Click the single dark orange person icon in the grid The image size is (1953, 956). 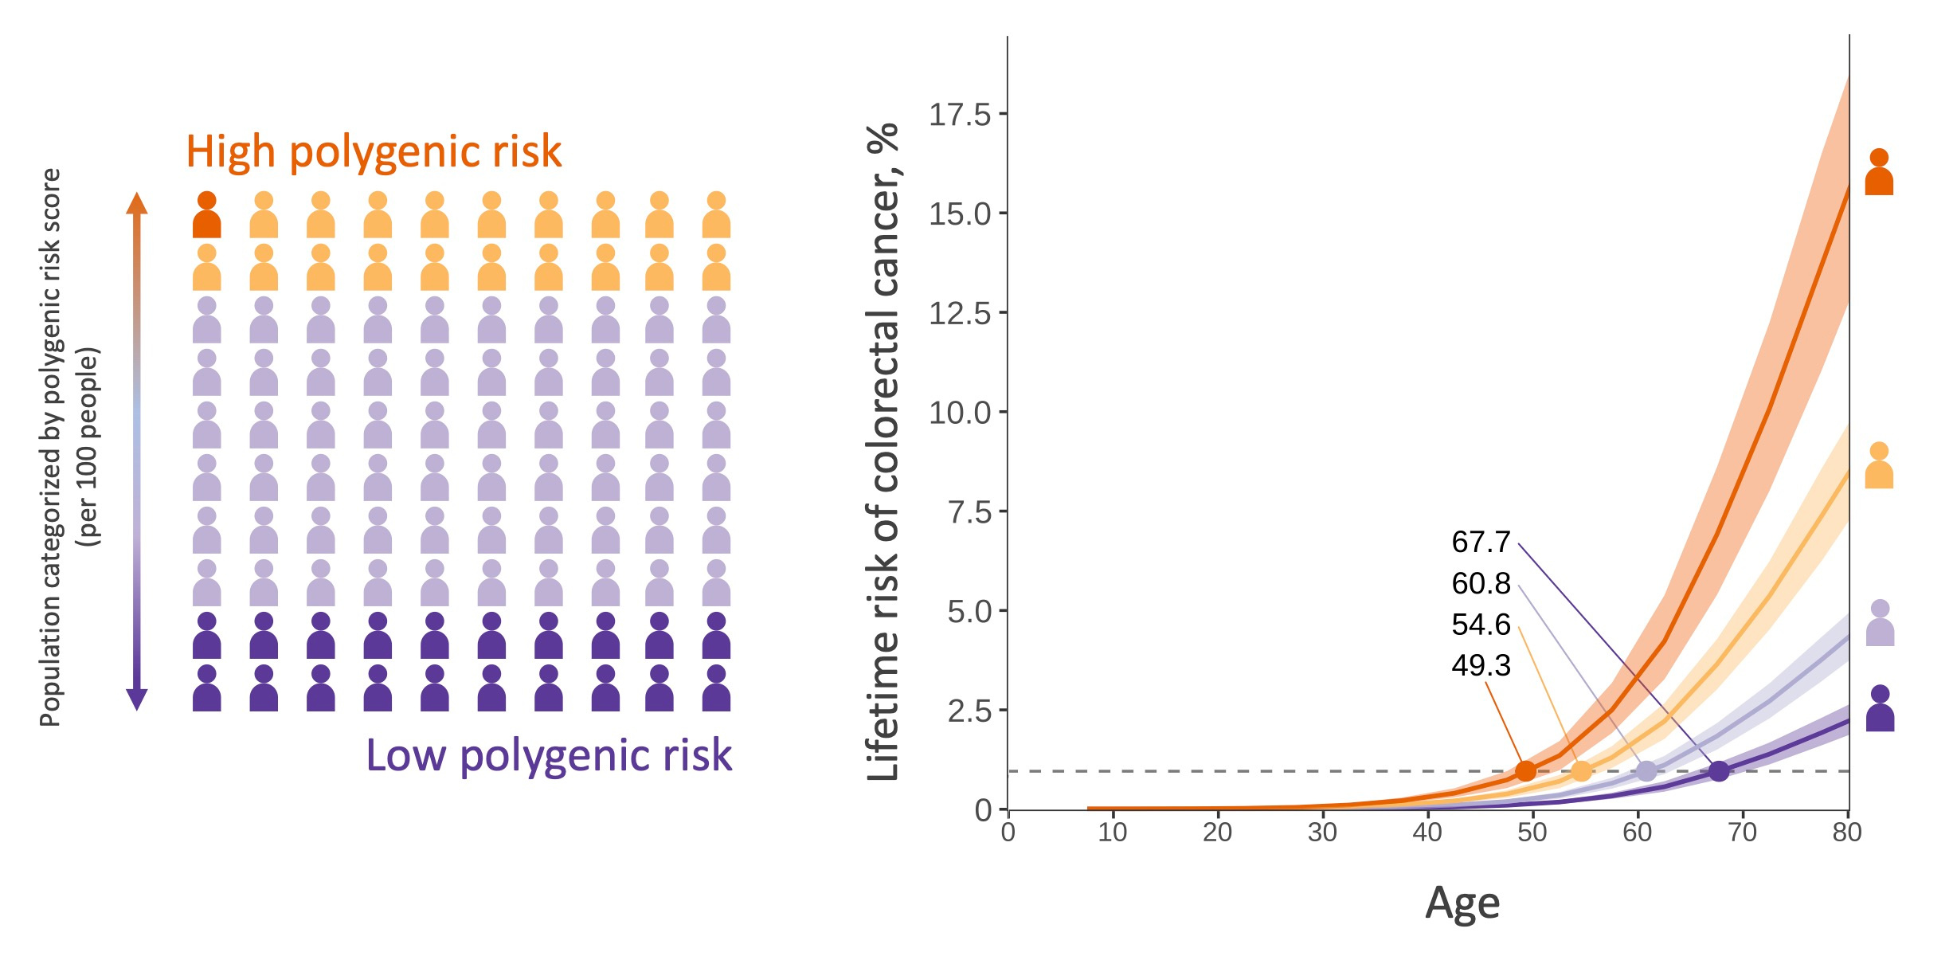point(206,215)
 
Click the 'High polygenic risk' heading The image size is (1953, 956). point(374,151)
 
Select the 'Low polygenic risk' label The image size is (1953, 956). point(548,755)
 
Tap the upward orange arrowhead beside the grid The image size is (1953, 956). point(137,203)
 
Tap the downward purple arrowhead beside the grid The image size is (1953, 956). point(137,699)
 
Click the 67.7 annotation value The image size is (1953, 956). point(1480,543)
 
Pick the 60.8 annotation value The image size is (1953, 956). point(1480,584)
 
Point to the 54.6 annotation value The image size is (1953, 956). point(1480,625)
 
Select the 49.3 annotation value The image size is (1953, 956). point(1480,665)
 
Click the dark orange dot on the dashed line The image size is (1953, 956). point(1525,770)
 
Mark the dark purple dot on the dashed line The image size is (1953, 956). point(1719,771)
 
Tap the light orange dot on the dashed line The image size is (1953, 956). point(1581,770)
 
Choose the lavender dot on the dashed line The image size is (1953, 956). point(1646,770)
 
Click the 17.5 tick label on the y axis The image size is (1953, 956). point(960,116)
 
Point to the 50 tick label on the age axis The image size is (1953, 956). point(1532,833)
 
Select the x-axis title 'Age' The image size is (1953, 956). point(1462,903)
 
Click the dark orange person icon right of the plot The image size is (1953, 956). point(1879,173)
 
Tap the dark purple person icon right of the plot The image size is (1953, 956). point(1880,709)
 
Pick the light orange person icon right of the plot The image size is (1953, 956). point(1879,466)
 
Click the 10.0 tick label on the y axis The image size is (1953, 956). point(960,413)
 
